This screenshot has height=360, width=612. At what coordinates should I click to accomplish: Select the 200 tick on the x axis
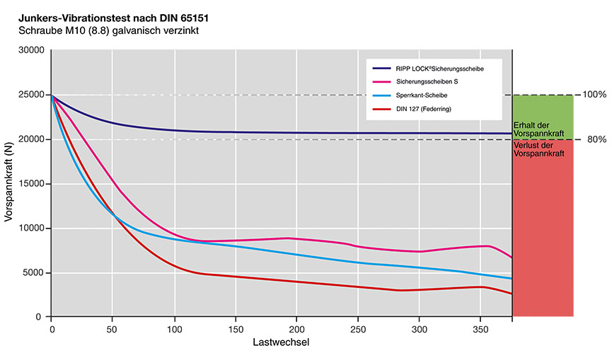click(296, 330)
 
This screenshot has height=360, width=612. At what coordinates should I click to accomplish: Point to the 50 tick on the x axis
click(112, 330)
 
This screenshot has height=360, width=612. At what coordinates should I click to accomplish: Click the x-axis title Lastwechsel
click(281, 343)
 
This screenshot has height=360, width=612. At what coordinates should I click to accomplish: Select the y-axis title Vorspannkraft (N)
click(9, 184)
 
